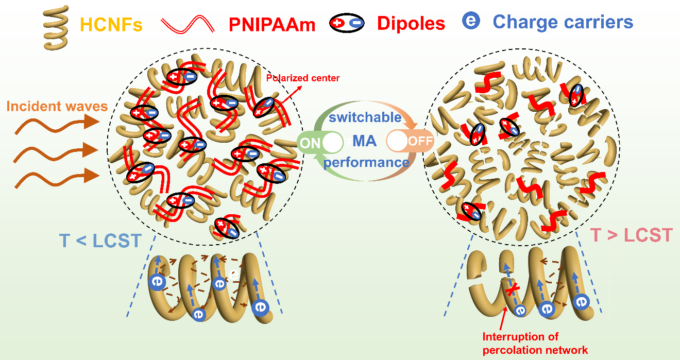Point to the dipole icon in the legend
tap(347, 23)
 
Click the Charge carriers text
tap(563, 22)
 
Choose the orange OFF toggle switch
tap(410, 141)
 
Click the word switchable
tap(365, 117)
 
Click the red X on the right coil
tap(511, 292)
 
